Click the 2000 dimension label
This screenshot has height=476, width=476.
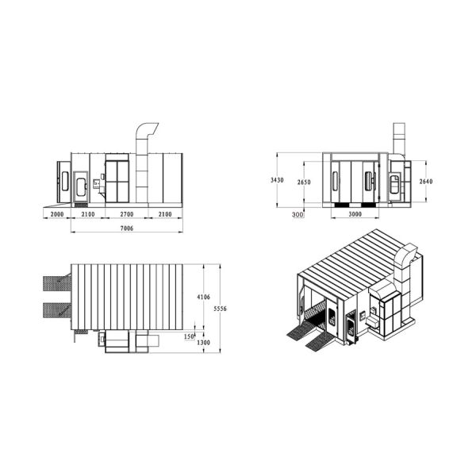(57, 214)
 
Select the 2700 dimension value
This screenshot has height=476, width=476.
(127, 214)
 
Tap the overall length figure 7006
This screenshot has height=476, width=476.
(127, 228)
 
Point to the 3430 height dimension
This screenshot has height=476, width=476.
(277, 180)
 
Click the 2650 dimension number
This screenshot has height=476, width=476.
(304, 182)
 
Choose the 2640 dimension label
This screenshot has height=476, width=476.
(426, 182)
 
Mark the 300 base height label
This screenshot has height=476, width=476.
(297, 214)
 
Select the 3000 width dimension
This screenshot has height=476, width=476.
(355, 214)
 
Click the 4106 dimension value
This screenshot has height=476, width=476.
(203, 297)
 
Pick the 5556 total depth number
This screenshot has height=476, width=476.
(220, 309)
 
